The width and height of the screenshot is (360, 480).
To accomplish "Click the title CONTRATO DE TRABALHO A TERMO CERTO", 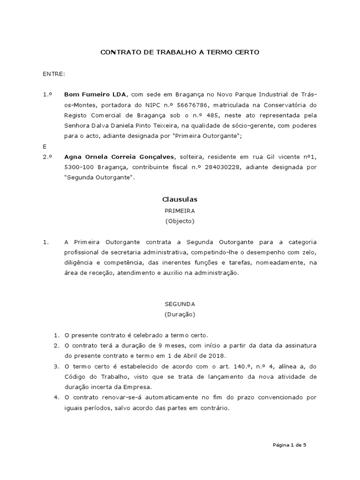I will [180, 52].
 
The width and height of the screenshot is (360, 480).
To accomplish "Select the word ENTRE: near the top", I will [54, 74].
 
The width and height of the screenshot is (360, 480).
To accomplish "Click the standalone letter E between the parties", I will [45, 146].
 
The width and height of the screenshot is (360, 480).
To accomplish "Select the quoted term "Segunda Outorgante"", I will [99, 177].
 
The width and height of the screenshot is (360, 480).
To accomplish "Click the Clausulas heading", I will [180, 200].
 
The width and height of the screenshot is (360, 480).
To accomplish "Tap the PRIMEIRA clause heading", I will [180, 211].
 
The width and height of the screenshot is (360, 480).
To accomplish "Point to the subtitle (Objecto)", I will [180, 221].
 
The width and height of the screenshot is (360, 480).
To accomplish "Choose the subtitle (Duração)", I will [180, 314].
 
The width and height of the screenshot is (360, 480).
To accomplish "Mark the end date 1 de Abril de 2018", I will [195, 356].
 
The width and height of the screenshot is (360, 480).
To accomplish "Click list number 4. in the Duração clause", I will [56, 397].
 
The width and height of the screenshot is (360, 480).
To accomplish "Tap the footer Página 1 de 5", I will [289, 444].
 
